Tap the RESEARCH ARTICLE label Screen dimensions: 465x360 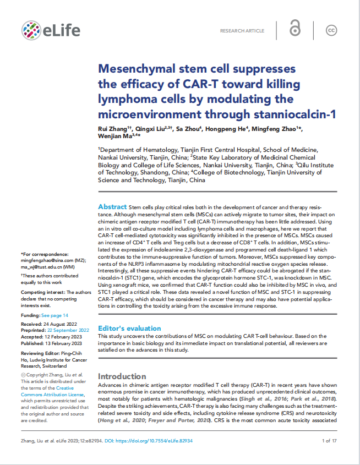click(242, 31)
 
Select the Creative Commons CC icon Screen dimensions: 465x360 click(331, 30)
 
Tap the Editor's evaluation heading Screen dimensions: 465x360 click(129, 328)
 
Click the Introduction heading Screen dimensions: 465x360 click(122, 376)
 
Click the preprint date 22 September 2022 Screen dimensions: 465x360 click(65, 330)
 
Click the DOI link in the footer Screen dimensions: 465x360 click(160, 441)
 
